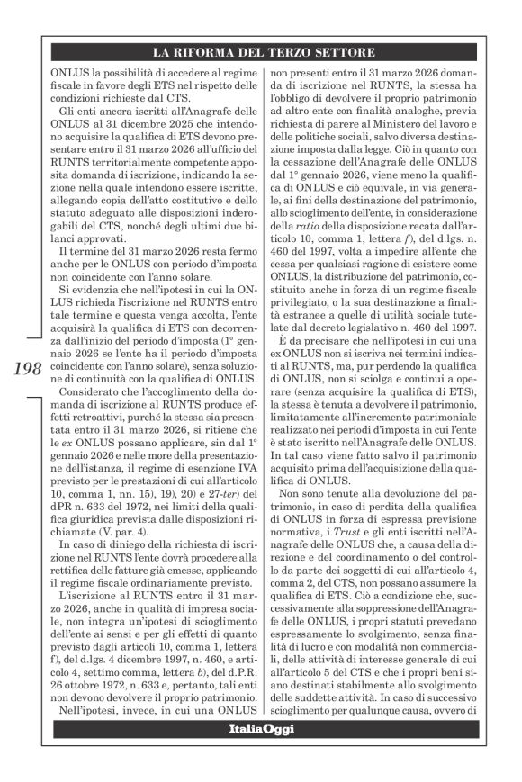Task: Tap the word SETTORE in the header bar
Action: (343, 53)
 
